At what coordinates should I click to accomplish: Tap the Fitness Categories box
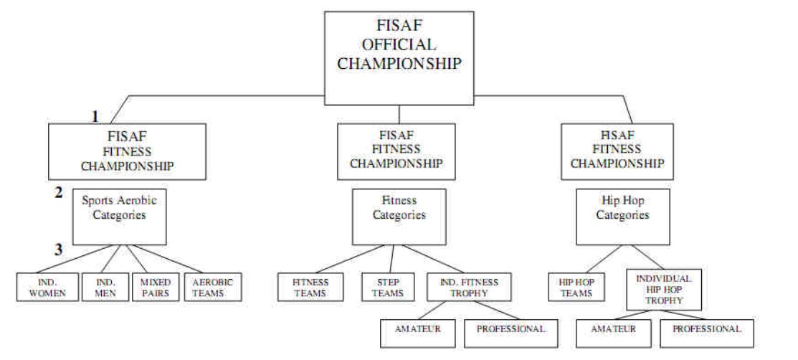point(399,216)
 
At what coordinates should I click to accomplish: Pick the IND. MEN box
point(104,287)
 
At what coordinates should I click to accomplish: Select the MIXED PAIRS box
point(154,287)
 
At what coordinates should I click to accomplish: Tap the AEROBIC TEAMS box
point(213,287)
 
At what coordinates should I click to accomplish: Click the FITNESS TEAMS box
point(310,287)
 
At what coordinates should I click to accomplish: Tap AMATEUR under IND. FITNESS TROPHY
point(418,329)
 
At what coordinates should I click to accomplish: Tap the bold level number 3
point(60,250)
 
